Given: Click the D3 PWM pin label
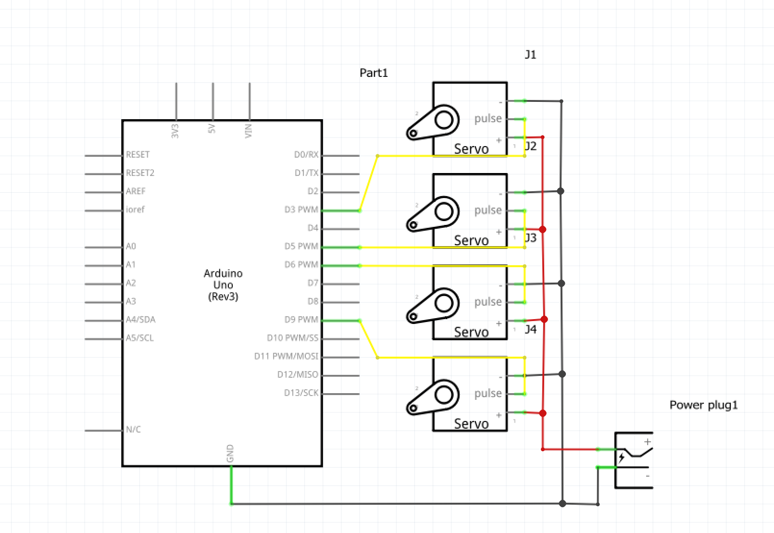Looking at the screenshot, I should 301,210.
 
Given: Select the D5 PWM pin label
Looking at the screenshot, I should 301,246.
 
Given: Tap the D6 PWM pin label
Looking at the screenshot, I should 301,264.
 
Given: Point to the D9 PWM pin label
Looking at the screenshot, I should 301,319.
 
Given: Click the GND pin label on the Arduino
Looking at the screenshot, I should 230,453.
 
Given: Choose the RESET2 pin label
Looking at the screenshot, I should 140,173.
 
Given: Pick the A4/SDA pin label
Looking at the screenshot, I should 140,319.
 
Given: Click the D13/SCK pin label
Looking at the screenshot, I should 301,393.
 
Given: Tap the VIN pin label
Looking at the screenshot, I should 249,131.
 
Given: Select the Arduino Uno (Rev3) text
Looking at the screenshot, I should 223,285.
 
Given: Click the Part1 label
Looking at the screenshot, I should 374,73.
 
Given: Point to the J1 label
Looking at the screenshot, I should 530,54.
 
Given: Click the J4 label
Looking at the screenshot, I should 530,329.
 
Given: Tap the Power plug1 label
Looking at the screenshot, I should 703,405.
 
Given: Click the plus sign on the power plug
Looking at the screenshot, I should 648,441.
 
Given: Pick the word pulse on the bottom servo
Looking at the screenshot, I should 487,393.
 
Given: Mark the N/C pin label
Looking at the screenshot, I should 133,429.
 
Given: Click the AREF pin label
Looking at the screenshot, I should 136,191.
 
